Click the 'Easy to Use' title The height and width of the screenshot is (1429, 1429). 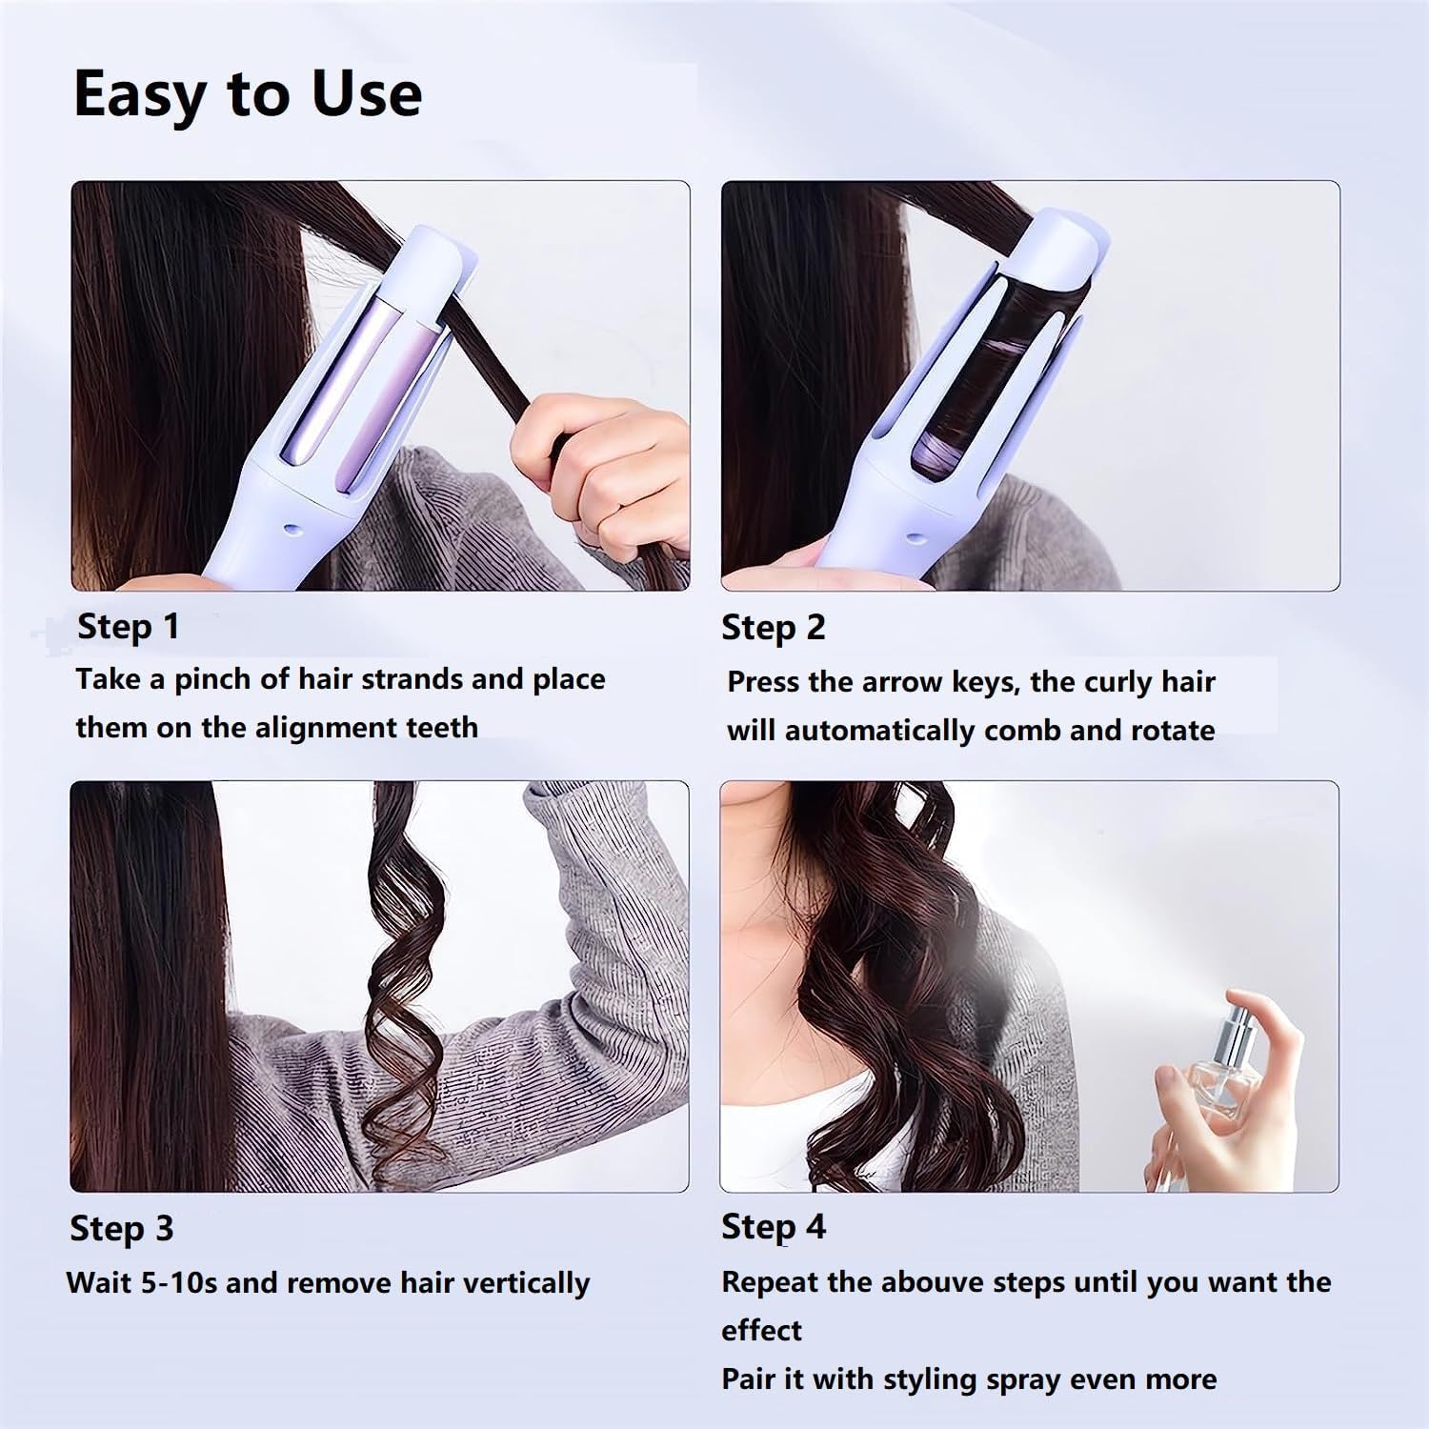(x=248, y=94)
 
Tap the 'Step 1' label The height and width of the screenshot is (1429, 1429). (x=128, y=627)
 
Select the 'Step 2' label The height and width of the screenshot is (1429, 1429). (x=773, y=628)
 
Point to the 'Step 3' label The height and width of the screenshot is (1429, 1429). (x=121, y=1228)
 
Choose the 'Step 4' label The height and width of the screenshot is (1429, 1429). (x=773, y=1226)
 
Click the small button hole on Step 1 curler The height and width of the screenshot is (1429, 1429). (x=292, y=525)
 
